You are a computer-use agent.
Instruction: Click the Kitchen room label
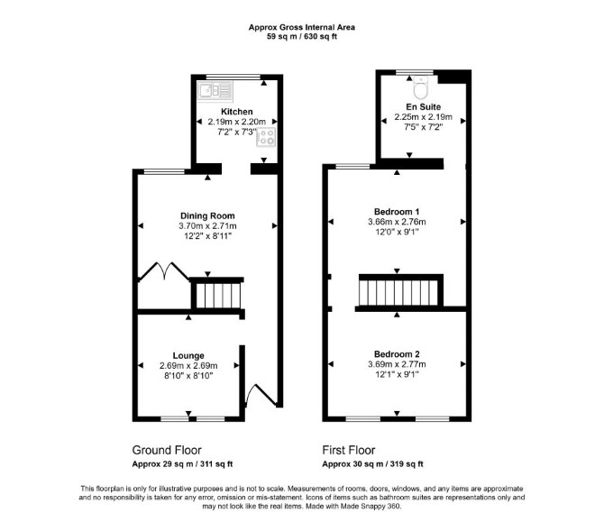[236, 112]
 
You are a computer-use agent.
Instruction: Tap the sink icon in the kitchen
[215, 91]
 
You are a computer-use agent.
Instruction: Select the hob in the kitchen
[266, 137]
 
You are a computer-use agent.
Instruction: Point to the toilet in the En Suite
[421, 87]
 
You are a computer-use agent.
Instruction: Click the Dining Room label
[207, 215]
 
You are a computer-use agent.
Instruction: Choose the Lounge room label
[188, 355]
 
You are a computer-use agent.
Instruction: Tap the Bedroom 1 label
[397, 212]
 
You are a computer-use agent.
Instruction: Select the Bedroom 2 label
[397, 354]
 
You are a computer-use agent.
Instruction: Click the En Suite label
[424, 106]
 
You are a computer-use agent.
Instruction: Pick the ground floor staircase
[218, 296]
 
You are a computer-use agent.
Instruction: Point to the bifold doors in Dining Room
[164, 270]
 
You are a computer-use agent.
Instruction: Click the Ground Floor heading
[167, 450]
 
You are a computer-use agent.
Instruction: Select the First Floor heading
[349, 450]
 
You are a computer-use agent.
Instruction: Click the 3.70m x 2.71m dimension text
[207, 226]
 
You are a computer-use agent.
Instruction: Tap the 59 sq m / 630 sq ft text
[302, 37]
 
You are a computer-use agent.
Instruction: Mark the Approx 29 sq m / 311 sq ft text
[182, 464]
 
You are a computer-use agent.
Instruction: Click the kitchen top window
[233, 77]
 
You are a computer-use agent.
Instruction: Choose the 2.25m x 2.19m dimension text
[424, 117]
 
